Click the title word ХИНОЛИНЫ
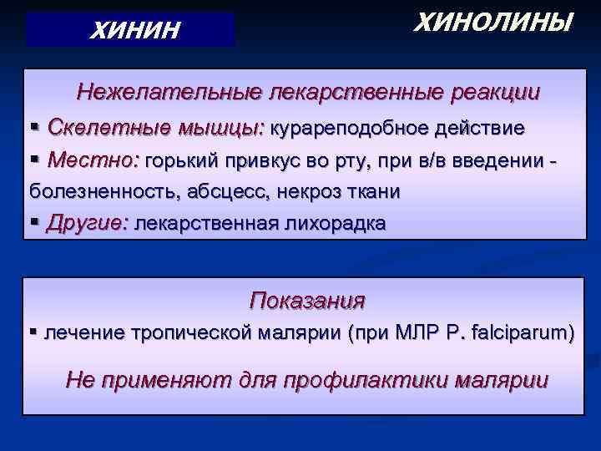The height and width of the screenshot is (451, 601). [x=493, y=22]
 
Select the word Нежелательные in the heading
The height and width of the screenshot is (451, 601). [x=164, y=91]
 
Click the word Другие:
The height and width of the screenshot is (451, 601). [x=88, y=224]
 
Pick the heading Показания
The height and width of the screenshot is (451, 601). [x=307, y=300]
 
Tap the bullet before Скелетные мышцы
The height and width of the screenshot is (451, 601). [x=35, y=128]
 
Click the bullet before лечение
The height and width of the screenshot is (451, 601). [x=35, y=333]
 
